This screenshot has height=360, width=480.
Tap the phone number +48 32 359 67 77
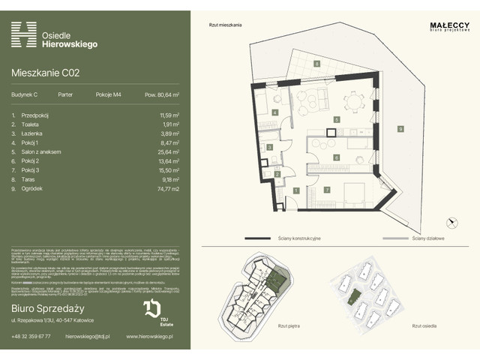(31, 337)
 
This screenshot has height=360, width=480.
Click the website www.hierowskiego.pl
(148, 337)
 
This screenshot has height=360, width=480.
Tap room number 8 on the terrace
(317, 64)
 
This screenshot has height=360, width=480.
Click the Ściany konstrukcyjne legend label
(300, 238)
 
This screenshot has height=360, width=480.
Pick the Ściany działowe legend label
(428, 238)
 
